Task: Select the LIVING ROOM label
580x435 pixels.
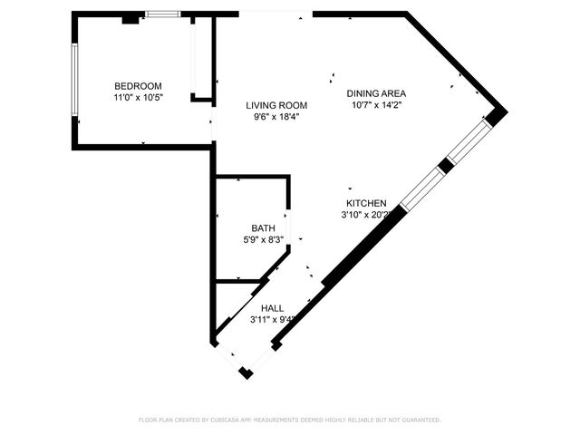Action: [276, 105]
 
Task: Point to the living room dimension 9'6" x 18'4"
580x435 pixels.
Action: [276, 117]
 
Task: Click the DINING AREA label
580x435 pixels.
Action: [376, 93]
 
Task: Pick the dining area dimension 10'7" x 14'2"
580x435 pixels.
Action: [376, 105]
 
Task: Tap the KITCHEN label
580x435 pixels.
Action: [366, 204]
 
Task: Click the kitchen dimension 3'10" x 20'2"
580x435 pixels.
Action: [366, 216]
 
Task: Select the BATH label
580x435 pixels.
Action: [263, 228]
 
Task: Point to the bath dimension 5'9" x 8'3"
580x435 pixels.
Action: [263, 240]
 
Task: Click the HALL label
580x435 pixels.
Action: [272, 308]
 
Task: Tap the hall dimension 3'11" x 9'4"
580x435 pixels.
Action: [273, 319]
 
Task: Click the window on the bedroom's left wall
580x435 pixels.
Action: [74, 79]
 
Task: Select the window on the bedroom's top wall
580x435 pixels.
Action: [162, 14]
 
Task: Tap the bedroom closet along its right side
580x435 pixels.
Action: [201, 56]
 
